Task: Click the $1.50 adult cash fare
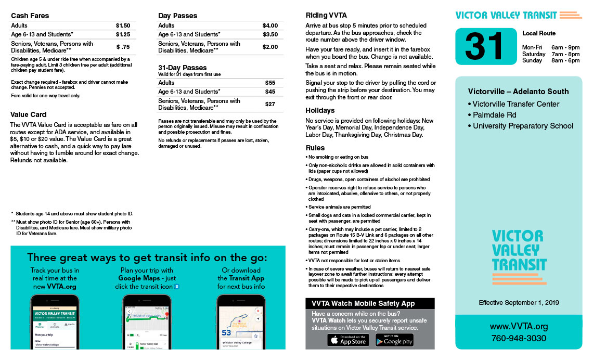(x=123, y=25)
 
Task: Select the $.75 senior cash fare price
(x=123, y=47)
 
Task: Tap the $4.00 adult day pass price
(x=270, y=25)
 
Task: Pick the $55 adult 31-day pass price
(x=270, y=83)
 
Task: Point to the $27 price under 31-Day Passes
(x=270, y=104)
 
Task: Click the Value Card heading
(x=29, y=114)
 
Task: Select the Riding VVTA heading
(x=326, y=15)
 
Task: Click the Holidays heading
(x=320, y=110)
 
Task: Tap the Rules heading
(x=315, y=148)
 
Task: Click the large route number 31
(x=484, y=46)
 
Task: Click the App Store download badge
(x=348, y=340)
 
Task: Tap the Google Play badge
(x=394, y=340)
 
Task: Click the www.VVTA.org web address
(x=519, y=327)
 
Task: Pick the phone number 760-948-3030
(x=519, y=339)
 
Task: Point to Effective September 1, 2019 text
(x=519, y=302)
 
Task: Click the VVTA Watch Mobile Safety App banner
(x=370, y=303)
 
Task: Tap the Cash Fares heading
(x=30, y=16)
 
